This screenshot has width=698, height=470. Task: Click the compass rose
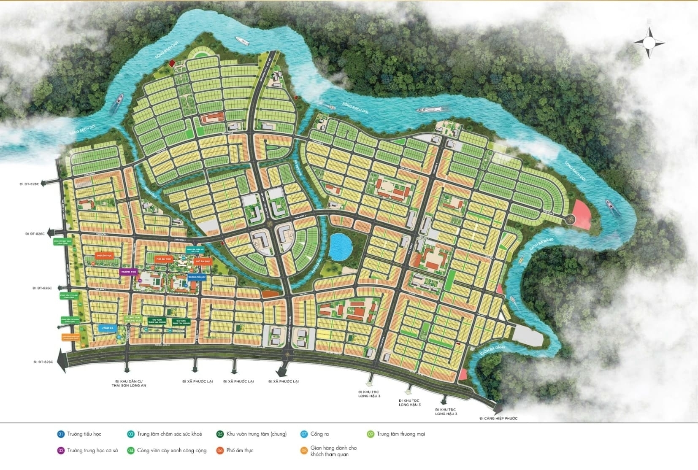(649, 42)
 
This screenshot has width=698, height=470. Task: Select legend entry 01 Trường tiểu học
(79, 434)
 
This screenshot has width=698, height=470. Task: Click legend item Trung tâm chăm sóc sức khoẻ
(165, 434)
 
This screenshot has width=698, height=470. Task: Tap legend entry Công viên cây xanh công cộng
(167, 451)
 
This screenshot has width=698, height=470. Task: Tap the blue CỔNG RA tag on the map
(107, 328)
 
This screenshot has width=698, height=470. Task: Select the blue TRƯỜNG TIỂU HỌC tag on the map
(197, 277)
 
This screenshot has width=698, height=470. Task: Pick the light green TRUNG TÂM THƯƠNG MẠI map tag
(133, 319)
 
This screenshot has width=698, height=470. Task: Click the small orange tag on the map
(70, 337)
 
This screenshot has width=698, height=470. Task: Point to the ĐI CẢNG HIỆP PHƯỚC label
(498, 419)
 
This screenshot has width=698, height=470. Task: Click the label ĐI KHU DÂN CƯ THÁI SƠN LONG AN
(129, 383)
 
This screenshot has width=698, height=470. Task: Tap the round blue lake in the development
(341, 246)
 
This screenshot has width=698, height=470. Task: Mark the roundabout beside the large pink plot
(570, 219)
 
